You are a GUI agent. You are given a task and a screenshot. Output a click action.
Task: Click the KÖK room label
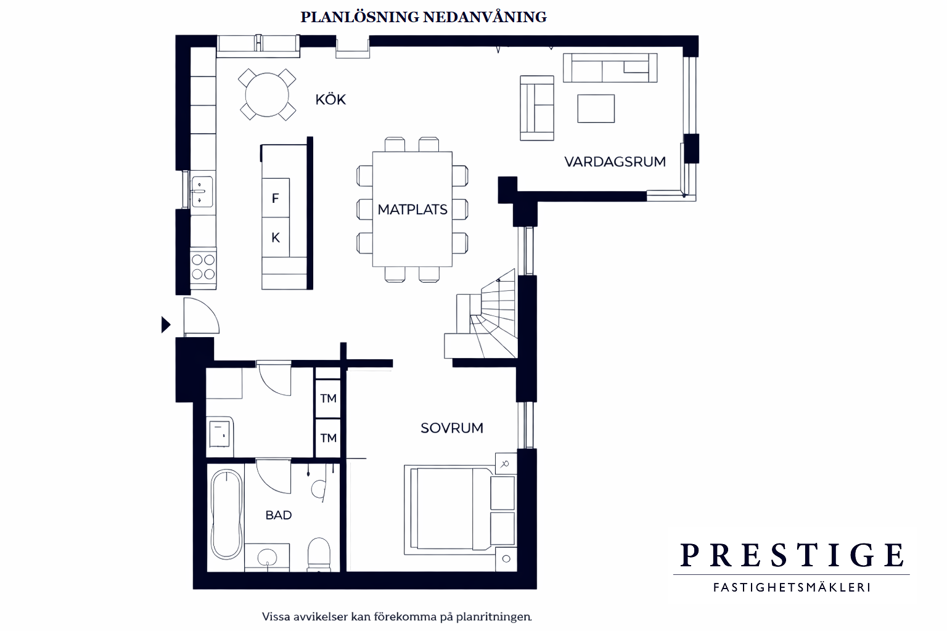pos(330,99)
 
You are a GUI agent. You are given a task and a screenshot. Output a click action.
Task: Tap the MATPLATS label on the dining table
pos(412,210)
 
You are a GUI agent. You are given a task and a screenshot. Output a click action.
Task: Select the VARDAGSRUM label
pos(615,162)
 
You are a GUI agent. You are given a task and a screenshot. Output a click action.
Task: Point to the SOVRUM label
pos(451,428)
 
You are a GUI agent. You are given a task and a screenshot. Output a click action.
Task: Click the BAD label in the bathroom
pos(279,515)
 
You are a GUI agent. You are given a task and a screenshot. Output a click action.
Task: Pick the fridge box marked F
pos(276,198)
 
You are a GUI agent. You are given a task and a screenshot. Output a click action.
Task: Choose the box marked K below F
pos(276,237)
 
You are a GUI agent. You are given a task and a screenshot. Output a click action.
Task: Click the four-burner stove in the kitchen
pos(203,268)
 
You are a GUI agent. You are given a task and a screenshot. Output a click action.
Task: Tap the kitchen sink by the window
pos(202,192)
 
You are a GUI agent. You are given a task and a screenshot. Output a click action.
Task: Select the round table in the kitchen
pos(267,95)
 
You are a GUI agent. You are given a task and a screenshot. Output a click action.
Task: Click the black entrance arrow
pos(166,325)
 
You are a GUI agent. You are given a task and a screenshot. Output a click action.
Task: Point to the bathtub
pos(227,515)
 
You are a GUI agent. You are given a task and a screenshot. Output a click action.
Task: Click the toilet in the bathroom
pos(319,554)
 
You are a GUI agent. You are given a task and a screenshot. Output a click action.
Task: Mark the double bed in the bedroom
pos(449,510)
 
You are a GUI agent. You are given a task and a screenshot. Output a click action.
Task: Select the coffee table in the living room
pos(596,108)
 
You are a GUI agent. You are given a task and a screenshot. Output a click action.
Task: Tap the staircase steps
pos(493,316)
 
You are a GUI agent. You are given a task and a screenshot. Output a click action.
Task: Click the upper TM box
pos(328,399)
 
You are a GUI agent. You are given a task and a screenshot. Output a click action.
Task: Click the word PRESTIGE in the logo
pos(792,555)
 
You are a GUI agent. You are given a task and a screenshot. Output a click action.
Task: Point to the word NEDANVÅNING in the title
pos(485,17)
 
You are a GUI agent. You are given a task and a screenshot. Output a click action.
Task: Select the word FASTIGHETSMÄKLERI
pos(792,587)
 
